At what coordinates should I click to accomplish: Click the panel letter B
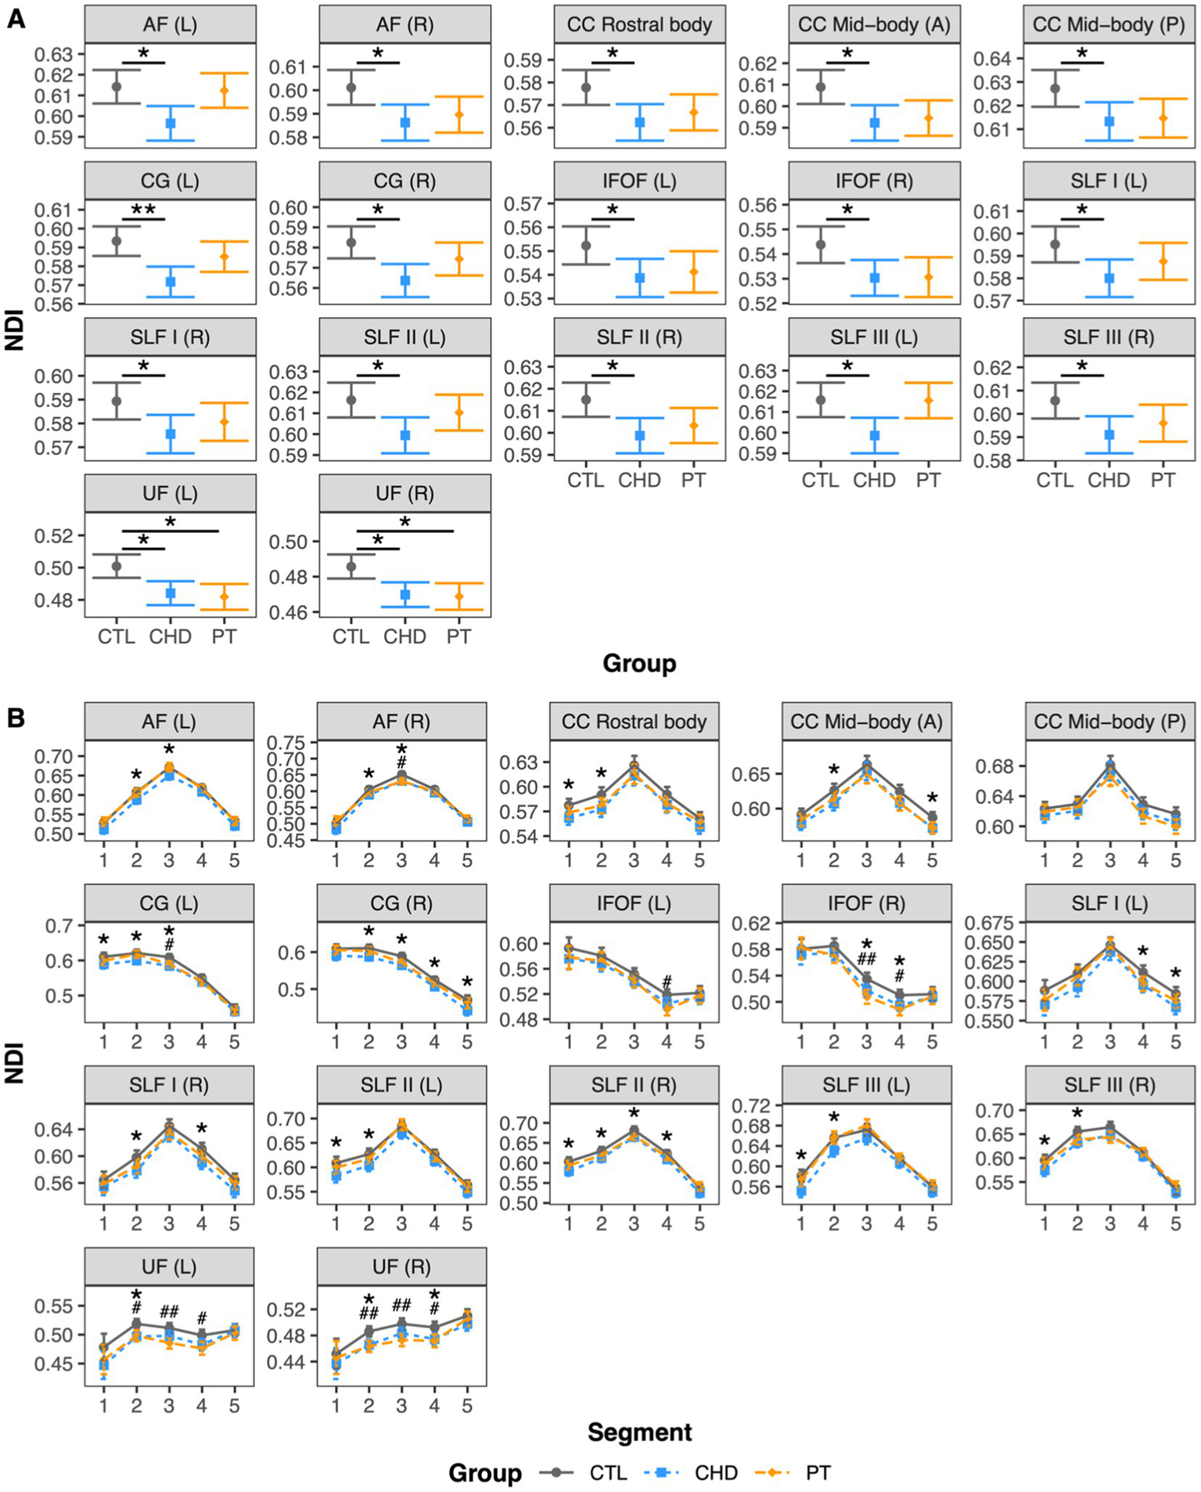[x=15, y=717]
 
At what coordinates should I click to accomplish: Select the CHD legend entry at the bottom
[x=715, y=1473]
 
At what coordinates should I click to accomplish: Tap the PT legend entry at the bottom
[x=818, y=1473]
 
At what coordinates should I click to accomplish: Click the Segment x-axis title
[x=639, y=1433]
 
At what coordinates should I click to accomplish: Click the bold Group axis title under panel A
[x=638, y=664]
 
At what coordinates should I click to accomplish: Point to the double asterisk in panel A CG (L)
[x=143, y=210]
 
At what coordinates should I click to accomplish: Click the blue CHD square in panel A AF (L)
[x=170, y=124]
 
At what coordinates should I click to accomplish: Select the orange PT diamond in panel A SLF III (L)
[x=928, y=400]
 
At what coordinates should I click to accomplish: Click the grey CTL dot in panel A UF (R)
[x=351, y=566]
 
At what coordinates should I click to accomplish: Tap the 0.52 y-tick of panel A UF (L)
[x=59, y=536]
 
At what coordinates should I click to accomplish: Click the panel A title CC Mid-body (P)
[x=1108, y=25]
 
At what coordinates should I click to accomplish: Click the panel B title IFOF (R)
[x=866, y=903]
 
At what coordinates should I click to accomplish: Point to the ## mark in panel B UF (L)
[x=169, y=1312]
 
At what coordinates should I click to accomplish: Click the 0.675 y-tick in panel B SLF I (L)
[x=991, y=924]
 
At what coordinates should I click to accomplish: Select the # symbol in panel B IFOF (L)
[x=667, y=982]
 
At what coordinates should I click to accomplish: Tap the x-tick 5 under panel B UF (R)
[x=467, y=1406]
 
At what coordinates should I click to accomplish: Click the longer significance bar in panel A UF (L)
[x=170, y=531]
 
